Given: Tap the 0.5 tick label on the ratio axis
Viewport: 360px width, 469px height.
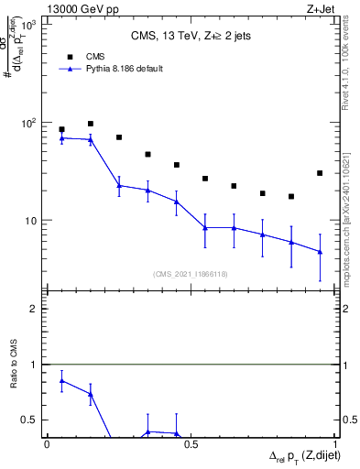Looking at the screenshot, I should click(28, 420).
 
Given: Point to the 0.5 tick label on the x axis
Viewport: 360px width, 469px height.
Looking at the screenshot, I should click(191, 444).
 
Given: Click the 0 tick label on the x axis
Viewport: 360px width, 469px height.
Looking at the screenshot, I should click(47, 444).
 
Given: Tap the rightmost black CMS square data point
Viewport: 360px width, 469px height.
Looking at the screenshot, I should click(320, 173).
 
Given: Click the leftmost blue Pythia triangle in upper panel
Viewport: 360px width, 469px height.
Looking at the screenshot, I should click(61, 137).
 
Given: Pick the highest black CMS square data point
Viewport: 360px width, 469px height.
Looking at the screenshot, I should click(91, 124).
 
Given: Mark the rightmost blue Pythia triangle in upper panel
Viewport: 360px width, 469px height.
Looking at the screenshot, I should click(320, 251).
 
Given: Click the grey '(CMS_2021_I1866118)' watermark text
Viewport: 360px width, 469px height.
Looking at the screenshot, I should click(191, 273).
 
